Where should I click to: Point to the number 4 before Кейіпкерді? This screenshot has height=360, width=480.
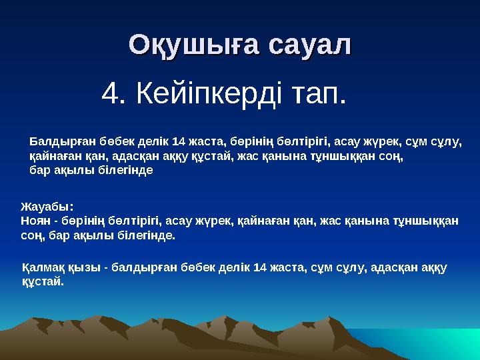pos(109,96)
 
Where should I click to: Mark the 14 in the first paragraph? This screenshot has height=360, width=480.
pos(179,141)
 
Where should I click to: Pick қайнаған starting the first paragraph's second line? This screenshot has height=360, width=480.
pos(53,156)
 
